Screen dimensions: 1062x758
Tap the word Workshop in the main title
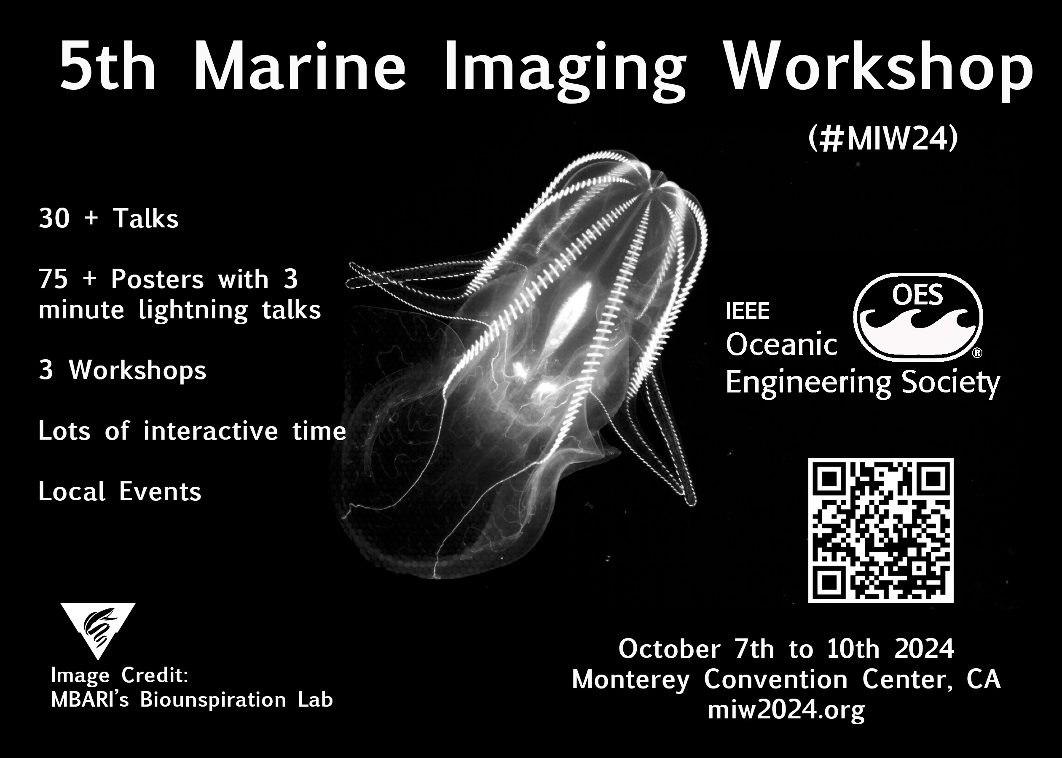(878, 70)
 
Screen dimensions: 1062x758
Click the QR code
(881, 530)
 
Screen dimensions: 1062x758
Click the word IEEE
(748, 311)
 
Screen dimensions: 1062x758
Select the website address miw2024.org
(786, 710)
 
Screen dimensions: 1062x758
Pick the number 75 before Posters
(54, 280)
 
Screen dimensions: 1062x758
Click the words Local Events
(120, 491)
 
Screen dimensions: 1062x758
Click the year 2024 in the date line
(924, 649)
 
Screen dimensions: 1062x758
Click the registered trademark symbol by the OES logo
(976, 354)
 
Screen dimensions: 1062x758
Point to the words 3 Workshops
(122, 371)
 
